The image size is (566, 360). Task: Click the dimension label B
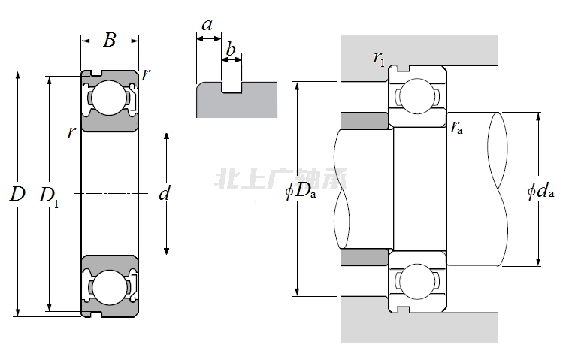pyautogui.click(x=110, y=41)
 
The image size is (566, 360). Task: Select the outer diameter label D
pyautogui.click(x=17, y=195)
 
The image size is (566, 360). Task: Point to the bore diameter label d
pyautogui.click(x=165, y=194)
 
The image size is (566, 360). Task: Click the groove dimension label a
pyautogui.click(x=207, y=25)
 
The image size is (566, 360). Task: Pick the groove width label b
pyautogui.click(x=231, y=50)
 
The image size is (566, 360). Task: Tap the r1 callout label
pyautogui.click(x=379, y=58)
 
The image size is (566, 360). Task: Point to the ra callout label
pyautogui.click(x=456, y=127)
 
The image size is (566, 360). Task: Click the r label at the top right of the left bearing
pyautogui.click(x=146, y=74)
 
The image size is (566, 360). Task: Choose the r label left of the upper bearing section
pyautogui.click(x=71, y=132)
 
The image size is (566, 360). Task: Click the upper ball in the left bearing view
pyautogui.click(x=110, y=98)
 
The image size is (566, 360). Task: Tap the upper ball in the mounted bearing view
pyautogui.click(x=416, y=97)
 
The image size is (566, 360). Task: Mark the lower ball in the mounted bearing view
pyautogui.click(x=416, y=280)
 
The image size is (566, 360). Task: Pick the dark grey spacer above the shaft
pyautogui.click(x=365, y=120)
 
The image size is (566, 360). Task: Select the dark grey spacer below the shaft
pyautogui.click(x=365, y=258)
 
